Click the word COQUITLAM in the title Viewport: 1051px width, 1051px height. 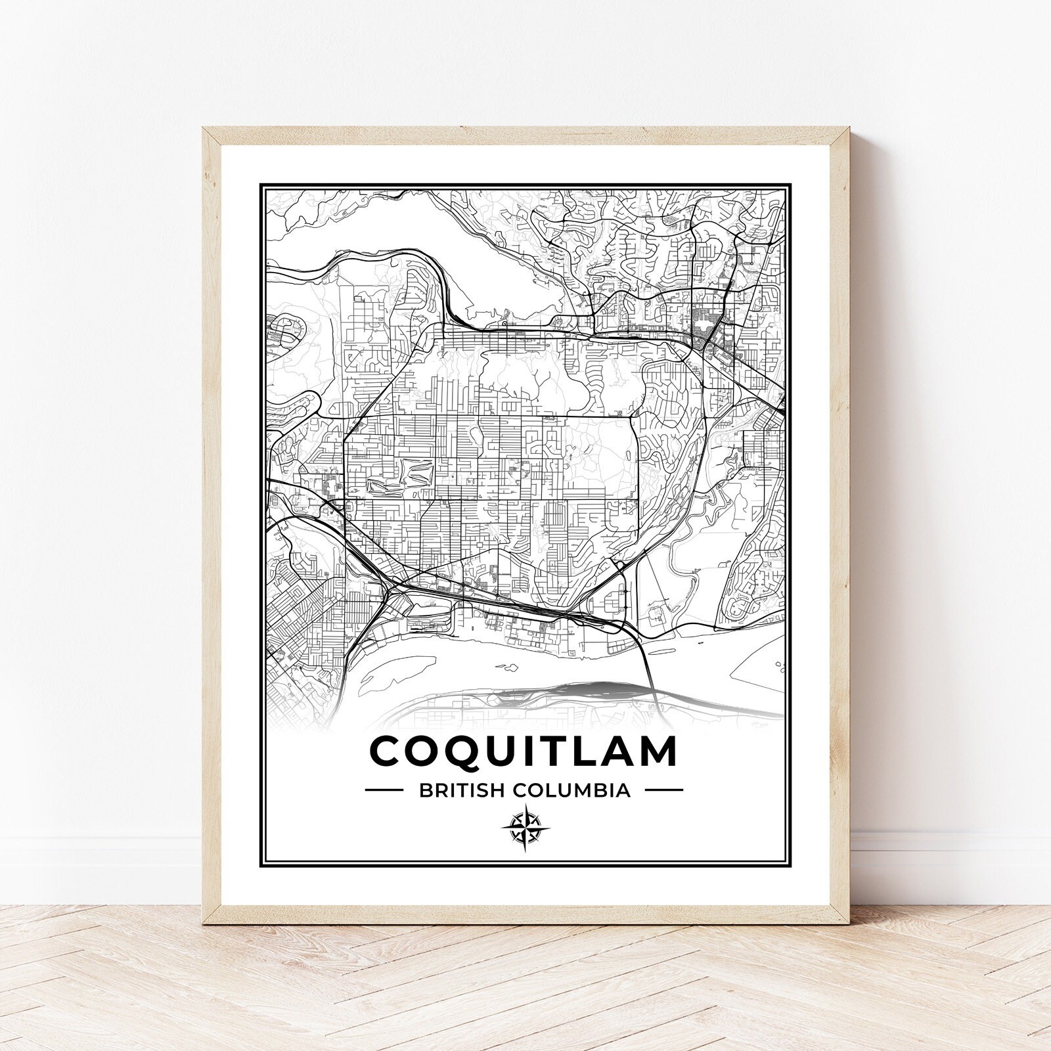524,751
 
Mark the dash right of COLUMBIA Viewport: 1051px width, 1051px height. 663,790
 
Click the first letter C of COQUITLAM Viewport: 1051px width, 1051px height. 388,751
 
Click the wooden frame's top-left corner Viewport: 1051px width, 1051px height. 204,129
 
